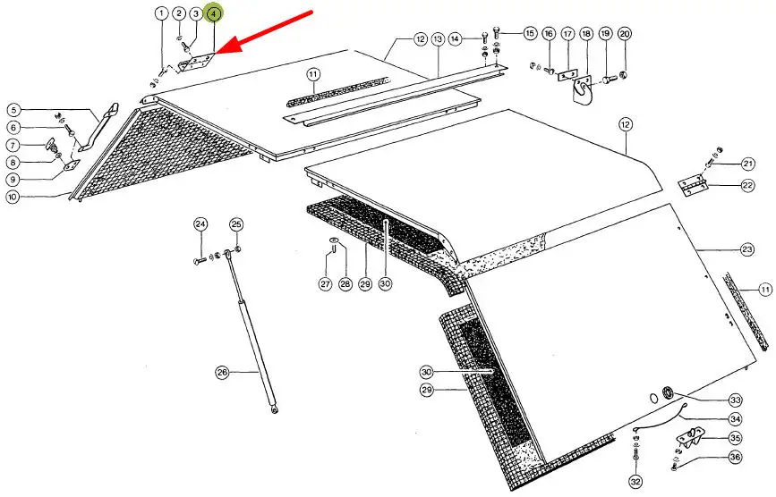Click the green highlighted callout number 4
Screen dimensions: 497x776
coord(213,13)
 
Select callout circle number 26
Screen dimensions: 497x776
coord(221,372)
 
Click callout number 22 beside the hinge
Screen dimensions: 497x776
coord(747,185)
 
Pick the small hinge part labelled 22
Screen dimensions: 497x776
coord(690,186)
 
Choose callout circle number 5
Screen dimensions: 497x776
coord(13,110)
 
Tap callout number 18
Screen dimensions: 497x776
coord(586,34)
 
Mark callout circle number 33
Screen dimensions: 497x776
coord(735,400)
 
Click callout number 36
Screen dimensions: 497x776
coord(735,457)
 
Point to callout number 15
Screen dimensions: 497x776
coord(529,33)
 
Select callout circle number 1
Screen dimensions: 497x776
coord(160,13)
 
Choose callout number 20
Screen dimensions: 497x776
coord(624,34)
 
